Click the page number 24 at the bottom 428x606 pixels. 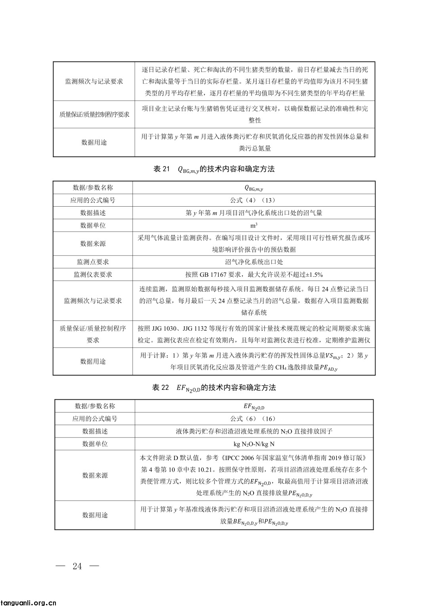tap(77, 566)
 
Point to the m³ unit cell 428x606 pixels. tap(254, 226)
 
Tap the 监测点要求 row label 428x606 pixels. tap(93, 262)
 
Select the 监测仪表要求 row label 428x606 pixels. tap(93, 275)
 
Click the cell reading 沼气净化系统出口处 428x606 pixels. tap(254, 262)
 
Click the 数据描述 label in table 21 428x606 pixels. tap(93, 213)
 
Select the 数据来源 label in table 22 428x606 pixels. tap(95, 476)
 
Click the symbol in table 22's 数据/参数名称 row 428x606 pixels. tap(254, 407)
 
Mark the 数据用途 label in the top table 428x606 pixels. tap(94, 142)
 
